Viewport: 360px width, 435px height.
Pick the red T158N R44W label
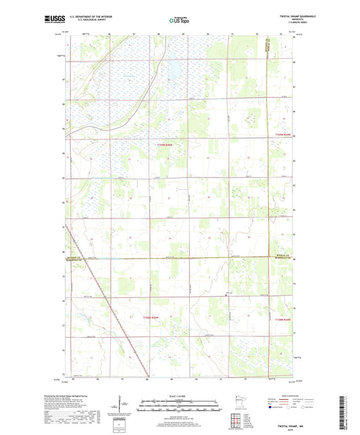pyautogui.click(x=286, y=318)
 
